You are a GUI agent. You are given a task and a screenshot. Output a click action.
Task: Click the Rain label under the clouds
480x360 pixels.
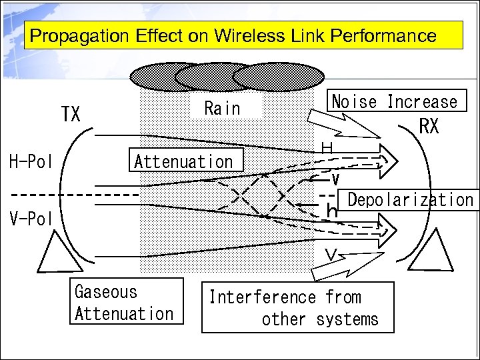pos(223,108)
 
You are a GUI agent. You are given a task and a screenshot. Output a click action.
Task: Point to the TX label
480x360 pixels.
pos(71,115)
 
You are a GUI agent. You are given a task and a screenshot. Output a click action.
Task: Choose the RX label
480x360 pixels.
pos(429,126)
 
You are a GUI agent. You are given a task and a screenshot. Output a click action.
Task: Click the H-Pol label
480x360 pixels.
pos(31,161)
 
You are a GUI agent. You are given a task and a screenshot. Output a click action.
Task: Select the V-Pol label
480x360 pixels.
pos(31,219)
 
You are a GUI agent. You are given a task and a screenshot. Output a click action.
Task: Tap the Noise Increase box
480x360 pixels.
pos(395,101)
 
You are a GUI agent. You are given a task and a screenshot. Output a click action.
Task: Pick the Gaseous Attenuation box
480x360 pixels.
pos(125,302)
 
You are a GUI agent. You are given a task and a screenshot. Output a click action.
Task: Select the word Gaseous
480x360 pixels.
pos(106,292)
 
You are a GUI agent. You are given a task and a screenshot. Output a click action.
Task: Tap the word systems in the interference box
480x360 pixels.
pos(347,319)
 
